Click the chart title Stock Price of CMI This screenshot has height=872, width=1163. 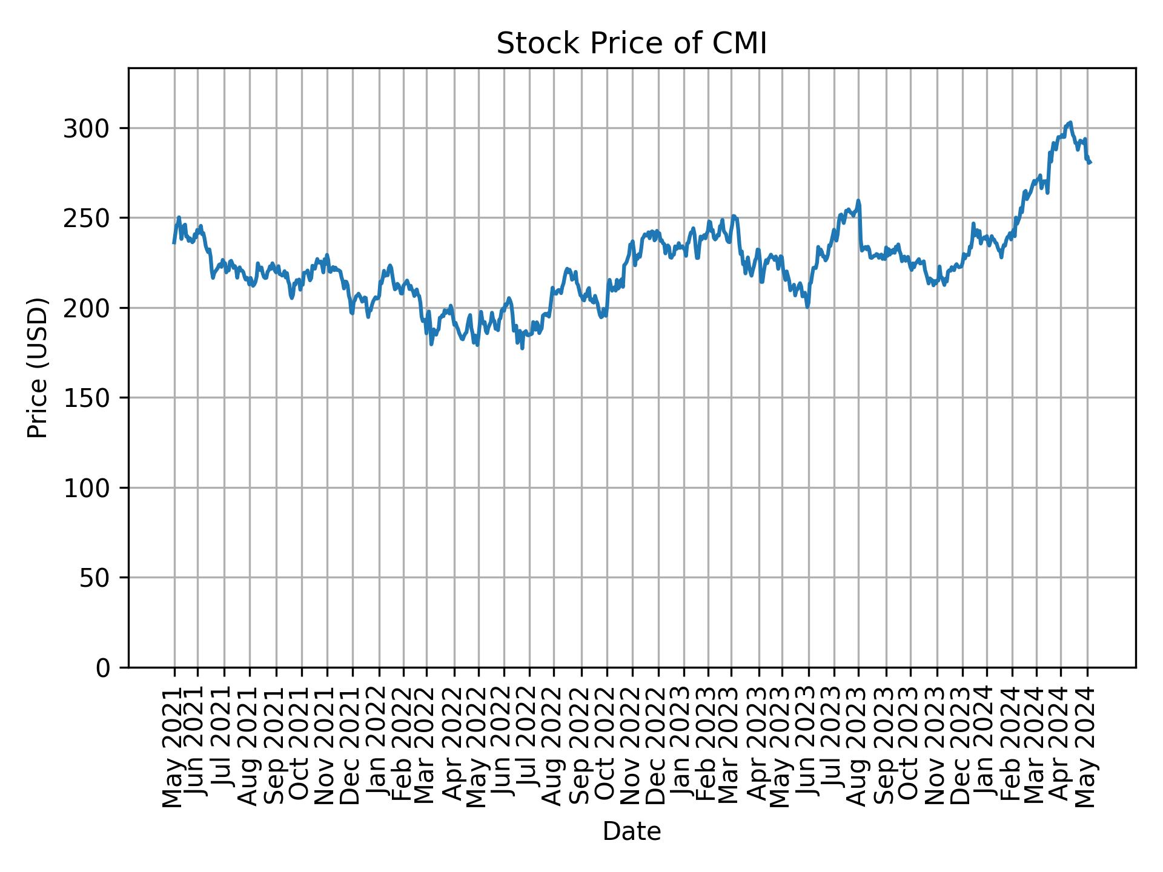(x=631, y=44)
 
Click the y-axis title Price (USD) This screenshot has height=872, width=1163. (x=38, y=368)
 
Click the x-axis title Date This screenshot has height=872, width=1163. (x=631, y=831)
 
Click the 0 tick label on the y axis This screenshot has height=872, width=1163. (x=102, y=667)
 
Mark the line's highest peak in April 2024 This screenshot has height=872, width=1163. (x=1070, y=122)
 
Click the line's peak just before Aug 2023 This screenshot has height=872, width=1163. (x=858, y=200)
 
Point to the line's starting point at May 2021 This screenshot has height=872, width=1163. (x=174, y=243)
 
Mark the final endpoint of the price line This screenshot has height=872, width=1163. (x=1090, y=162)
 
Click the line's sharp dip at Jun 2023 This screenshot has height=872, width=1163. (x=807, y=307)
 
